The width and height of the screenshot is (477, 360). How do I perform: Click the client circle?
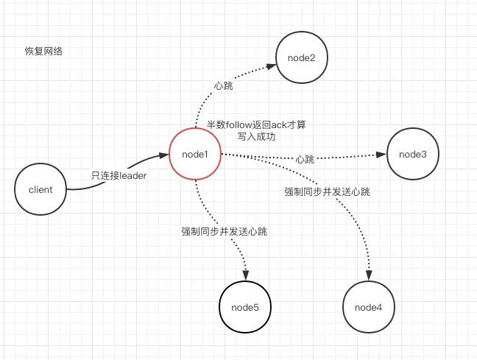(40, 189)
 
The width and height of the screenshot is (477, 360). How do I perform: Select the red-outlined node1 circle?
(195, 155)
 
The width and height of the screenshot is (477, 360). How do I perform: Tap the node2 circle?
(301, 58)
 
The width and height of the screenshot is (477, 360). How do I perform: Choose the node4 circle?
(368, 306)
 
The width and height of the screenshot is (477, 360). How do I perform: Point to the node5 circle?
(246, 306)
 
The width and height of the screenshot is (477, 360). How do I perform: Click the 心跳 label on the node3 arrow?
(305, 159)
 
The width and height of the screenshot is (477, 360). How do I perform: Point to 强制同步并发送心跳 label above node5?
(224, 231)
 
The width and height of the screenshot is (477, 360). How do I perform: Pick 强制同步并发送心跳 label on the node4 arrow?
(327, 191)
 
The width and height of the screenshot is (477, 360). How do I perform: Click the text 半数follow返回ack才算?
(256, 126)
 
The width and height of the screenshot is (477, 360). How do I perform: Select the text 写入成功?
(256, 137)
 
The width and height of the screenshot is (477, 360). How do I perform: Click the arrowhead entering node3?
(381, 155)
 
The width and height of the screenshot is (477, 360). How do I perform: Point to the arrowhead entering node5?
(245, 275)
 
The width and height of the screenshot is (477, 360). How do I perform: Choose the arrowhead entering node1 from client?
(163, 156)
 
